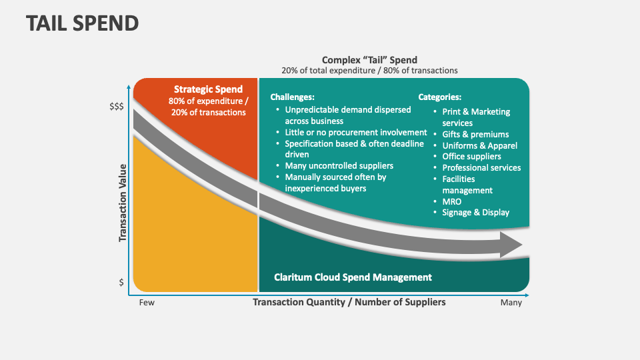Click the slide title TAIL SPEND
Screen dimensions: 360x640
[x=83, y=23]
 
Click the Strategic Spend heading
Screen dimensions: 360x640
[x=208, y=89]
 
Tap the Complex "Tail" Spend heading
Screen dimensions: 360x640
[x=369, y=60]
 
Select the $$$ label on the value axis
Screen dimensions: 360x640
[x=116, y=107]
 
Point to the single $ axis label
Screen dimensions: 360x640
[x=121, y=282]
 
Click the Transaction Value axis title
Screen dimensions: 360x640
[x=123, y=203]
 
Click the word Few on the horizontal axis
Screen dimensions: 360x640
[x=147, y=303]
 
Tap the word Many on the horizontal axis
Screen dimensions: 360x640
[x=511, y=303]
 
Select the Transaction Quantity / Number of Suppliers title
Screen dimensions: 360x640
[x=349, y=302]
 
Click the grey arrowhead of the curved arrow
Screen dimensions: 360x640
[x=513, y=245]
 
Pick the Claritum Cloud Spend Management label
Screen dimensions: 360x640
[x=353, y=277]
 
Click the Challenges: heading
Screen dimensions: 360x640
[x=292, y=97]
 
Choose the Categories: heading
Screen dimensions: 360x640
[x=439, y=97]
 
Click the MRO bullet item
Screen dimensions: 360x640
[x=451, y=201]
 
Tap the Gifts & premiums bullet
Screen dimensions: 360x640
[x=475, y=135]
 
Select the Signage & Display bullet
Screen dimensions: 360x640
[x=475, y=213]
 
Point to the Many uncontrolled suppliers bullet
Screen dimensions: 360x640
[x=339, y=166]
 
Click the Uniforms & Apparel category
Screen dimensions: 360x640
[x=479, y=146]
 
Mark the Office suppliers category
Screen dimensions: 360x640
[x=471, y=157]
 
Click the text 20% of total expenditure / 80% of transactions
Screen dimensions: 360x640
[x=369, y=71]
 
